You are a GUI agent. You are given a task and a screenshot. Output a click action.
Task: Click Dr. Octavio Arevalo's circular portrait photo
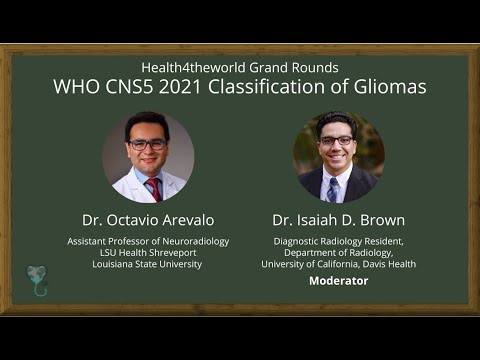point(148,158)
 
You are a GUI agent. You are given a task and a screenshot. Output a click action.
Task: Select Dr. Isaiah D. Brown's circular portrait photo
point(338,158)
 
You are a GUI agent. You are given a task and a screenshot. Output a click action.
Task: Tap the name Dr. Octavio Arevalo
point(148,219)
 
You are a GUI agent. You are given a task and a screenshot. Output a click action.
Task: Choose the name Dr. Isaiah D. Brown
point(338,219)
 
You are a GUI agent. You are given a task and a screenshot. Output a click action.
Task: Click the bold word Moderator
point(338,281)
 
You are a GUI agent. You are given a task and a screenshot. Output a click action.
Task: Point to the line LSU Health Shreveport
point(148,252)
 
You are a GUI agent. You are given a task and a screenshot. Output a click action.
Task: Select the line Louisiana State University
point(148,264)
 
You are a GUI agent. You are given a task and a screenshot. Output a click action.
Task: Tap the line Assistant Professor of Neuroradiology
point(148,241)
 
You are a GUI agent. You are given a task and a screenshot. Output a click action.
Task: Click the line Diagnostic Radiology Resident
point(338,241)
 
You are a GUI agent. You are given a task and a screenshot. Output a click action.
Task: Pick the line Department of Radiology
point(338,252)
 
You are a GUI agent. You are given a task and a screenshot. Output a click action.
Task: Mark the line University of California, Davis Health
point(338,264)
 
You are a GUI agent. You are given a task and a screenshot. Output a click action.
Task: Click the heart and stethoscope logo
point(37,280)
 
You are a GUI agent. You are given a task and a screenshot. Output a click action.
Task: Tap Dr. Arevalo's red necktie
point(154,188)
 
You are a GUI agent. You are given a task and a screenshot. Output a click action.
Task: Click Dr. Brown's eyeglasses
point(337,141)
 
